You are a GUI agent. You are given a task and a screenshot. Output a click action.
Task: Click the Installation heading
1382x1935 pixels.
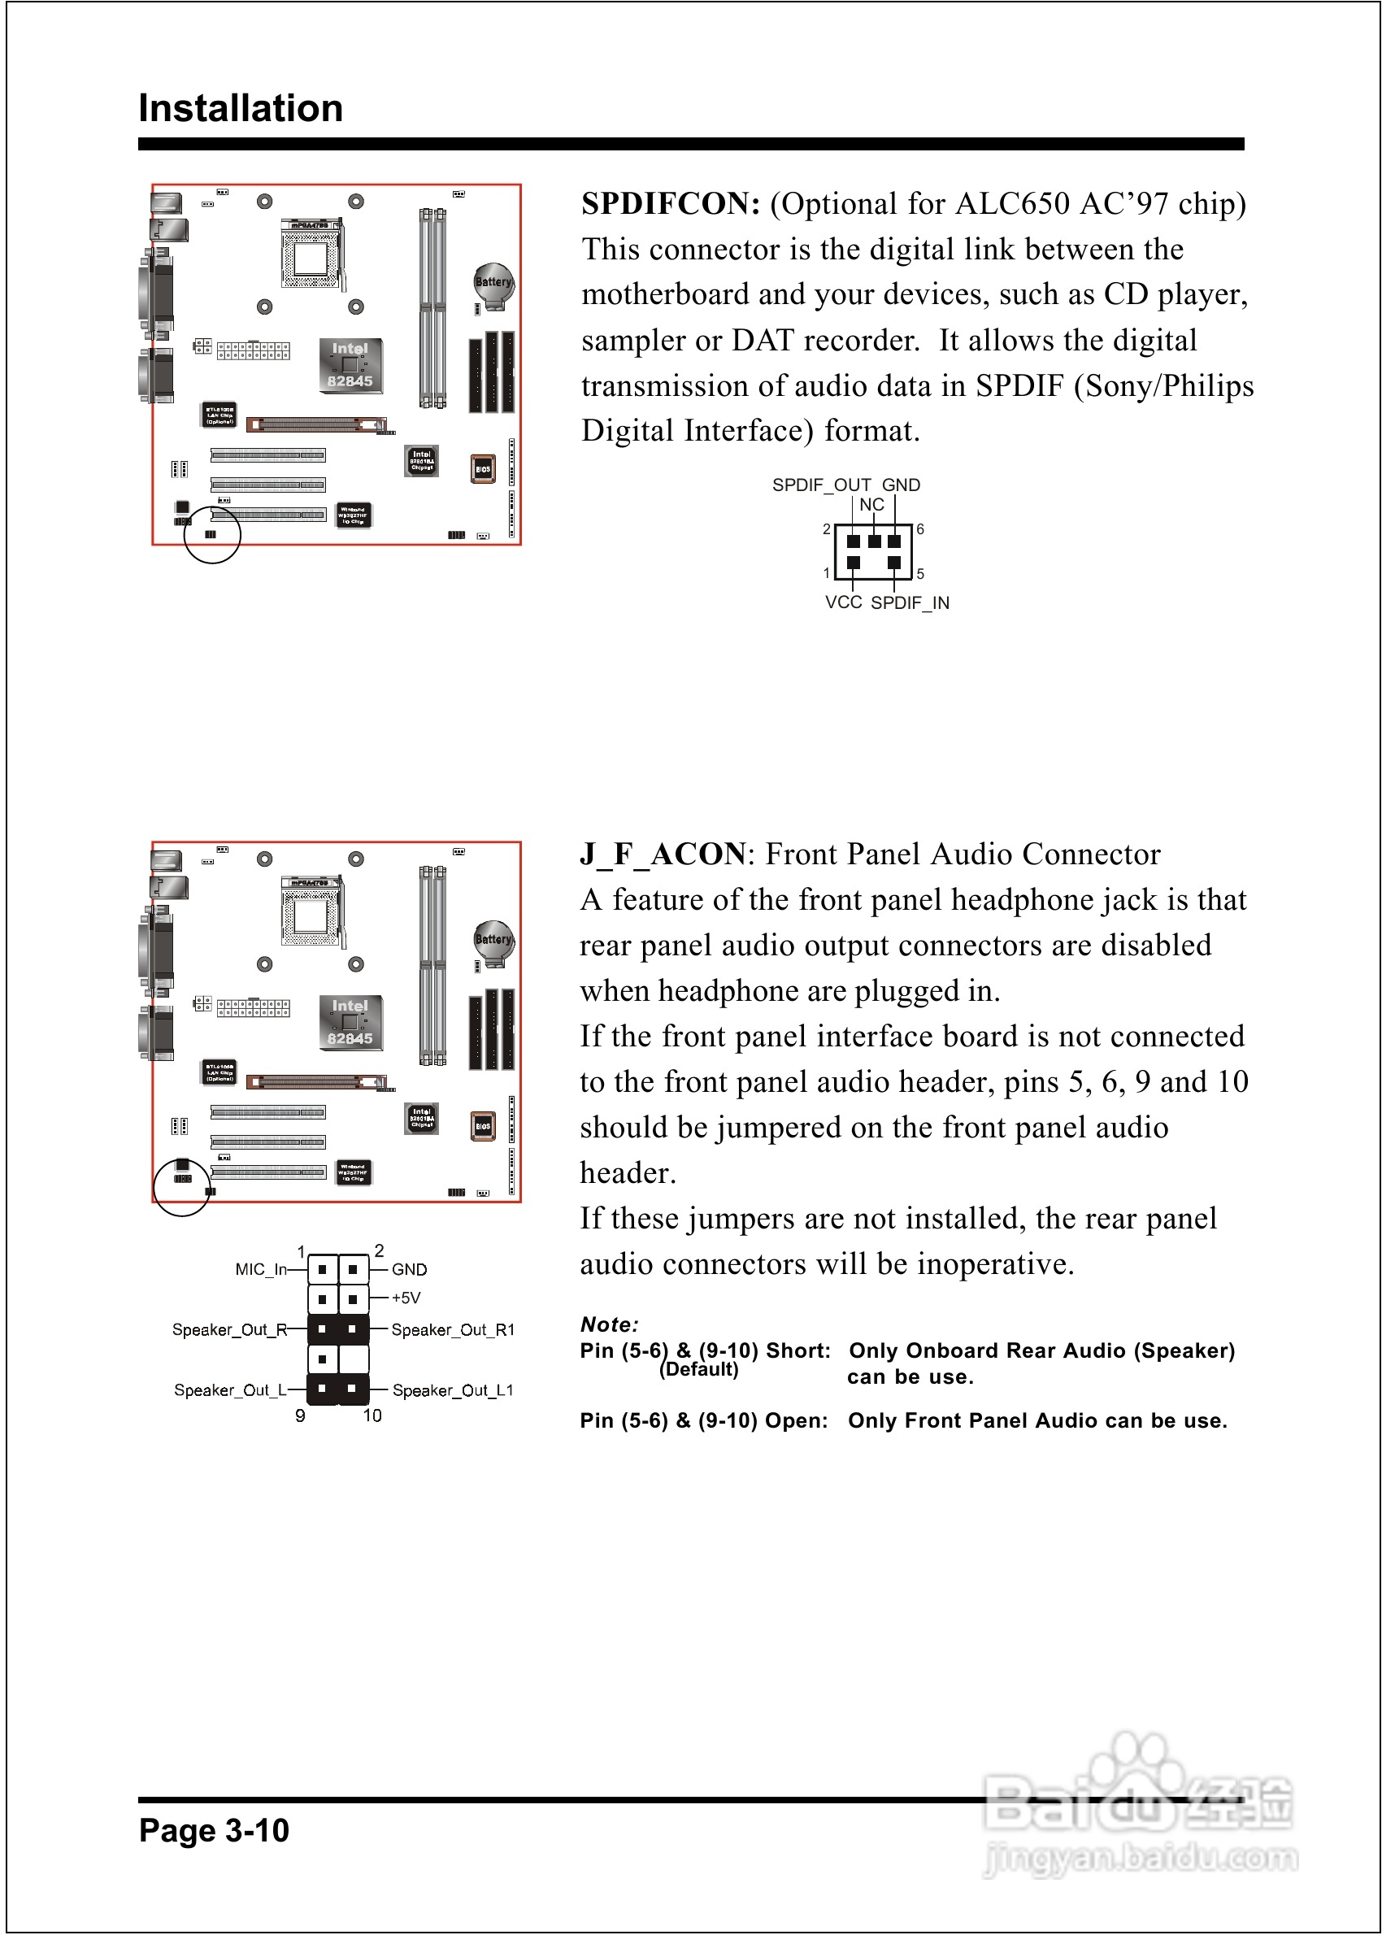[x=241, y=109]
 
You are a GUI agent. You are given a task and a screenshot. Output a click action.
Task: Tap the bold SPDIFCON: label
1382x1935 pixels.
[x=671, y=204]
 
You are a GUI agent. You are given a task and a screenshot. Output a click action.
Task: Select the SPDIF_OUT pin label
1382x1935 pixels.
[x=821, y=485]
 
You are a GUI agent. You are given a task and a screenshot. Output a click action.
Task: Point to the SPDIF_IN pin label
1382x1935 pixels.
[x=910, y=603]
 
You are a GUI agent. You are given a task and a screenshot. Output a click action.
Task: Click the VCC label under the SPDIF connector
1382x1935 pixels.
[x=843, y=602]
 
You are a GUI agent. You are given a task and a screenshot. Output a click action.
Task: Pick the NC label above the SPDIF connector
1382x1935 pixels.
[x=871, y=505]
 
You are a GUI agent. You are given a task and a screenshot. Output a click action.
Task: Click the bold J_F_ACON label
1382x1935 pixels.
[x=663, y=854]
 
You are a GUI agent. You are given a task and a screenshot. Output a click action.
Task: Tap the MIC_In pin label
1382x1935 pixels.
[x=260, y=1270]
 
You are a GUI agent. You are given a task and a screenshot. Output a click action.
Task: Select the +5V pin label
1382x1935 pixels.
[x=406, y=1298]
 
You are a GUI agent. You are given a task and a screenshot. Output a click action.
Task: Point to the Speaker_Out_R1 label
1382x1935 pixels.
[x=453, y=1330]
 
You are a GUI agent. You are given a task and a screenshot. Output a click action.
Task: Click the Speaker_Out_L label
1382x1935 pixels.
[x=230, y=1390]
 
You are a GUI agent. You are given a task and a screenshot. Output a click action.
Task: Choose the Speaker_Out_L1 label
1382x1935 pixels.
[x=453, y=1390]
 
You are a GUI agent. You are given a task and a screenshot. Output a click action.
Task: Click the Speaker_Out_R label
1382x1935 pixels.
[x=229, y=1330]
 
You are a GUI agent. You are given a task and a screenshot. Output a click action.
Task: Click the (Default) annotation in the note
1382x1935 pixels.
[x=698, y=1370]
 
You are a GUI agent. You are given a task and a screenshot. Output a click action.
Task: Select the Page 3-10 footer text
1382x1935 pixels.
[x=215, y=1830]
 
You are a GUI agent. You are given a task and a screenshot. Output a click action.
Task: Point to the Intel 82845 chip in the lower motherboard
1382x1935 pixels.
[x=350, y=1022]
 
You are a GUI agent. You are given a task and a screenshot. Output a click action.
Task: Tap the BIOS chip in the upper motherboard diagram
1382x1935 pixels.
[x=483, y=469]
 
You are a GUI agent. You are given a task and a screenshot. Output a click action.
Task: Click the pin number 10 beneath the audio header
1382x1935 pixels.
[x=372, y=1416]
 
